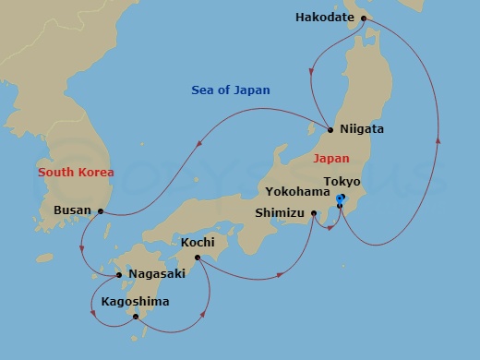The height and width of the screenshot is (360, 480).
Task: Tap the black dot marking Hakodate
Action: (363, 18)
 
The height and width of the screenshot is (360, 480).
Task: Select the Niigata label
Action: (362, 129)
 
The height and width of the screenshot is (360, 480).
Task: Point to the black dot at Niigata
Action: (330, 129)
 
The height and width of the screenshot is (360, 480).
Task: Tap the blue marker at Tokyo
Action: (340, 199)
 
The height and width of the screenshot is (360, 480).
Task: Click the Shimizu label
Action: (282, 213)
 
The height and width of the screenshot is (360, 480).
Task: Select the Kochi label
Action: (198, 241)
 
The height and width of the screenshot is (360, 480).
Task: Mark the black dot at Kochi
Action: (198, 258)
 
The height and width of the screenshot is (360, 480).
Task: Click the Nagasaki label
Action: (157, 274)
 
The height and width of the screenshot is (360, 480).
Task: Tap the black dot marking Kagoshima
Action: (136, 318)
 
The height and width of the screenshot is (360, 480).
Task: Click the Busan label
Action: (73, 210)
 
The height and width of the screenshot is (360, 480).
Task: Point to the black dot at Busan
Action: (100, 211)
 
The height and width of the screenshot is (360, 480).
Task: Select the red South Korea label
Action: (76, 173)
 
